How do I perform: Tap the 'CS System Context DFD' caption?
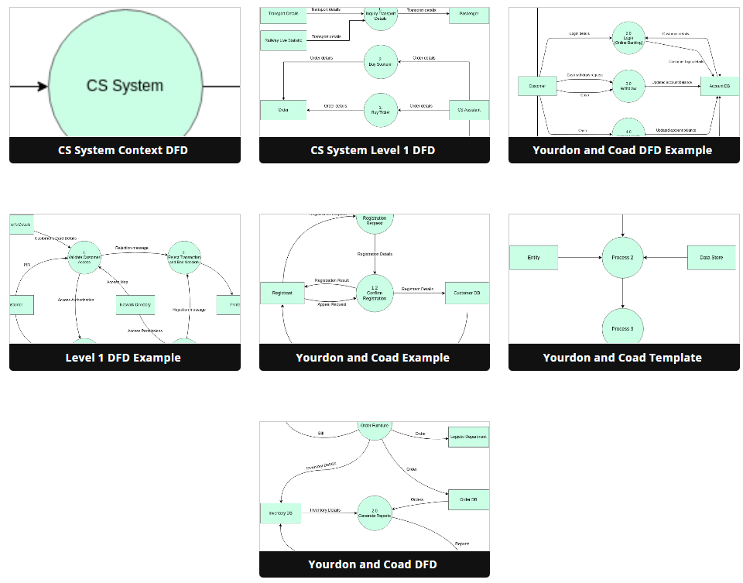(125, 150)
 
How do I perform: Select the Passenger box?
(469, 14)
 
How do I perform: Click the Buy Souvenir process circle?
(380, 63)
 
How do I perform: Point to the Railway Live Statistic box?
(283, 40)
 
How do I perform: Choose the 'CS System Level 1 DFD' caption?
(374, 150)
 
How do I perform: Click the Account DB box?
(720, 85)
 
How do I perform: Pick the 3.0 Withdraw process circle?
(628, 85)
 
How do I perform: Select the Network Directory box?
(135, 306)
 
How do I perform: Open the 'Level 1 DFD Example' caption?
(125, 358)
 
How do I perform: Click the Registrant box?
(282, 293)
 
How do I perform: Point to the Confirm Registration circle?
(375, 293)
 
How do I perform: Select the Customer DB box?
(467, 293)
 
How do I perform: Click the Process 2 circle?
(622, 257)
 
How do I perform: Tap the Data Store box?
(711, 257)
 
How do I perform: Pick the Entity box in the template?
(533, 257)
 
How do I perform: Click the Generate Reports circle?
(375, 513)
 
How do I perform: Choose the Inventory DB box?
(280, 513)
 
